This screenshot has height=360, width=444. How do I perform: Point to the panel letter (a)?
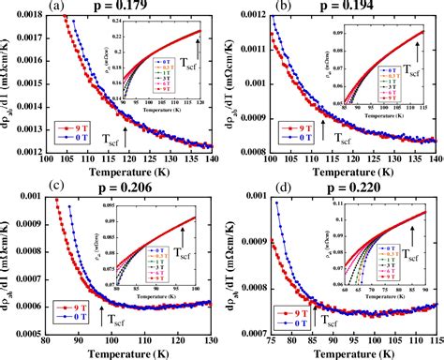click(58, 7)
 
